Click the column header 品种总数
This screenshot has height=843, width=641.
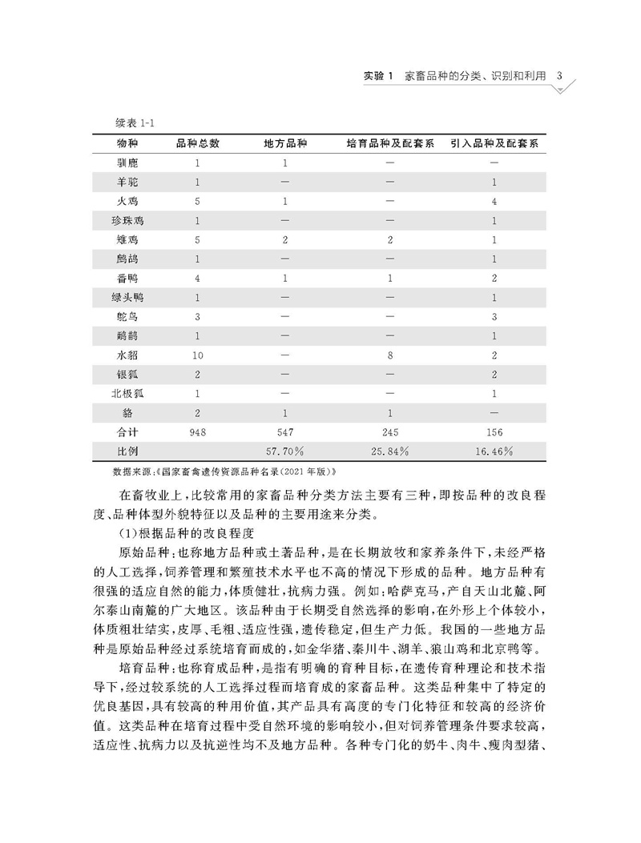pyautogui.click(x=196, y=143)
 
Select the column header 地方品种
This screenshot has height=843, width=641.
pyautogui.click(x=285, y=143)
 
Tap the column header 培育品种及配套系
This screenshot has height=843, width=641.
pyautogui.click(x=390, y=143)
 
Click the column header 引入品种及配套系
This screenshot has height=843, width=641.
pyautogui.click(x=494, y=143)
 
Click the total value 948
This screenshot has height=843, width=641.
pyautogui.click(x=196, y=432)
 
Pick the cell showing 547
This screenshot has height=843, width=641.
pyautogui.click(x=285, y=432)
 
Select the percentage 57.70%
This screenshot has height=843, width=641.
pyautogui.click(x=285, y=452)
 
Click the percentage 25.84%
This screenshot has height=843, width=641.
pyautogui.click(x=390, y=452)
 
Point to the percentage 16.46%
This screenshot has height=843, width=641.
pyautogui.click(x=494, y=452)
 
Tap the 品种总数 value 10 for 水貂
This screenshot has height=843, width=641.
pyautogui.click(x=196, y=355)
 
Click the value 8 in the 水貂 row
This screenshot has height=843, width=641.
pyautogui.click(x=390, y=355)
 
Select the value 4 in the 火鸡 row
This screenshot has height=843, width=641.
pyautogui.click(x=494, y=201)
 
